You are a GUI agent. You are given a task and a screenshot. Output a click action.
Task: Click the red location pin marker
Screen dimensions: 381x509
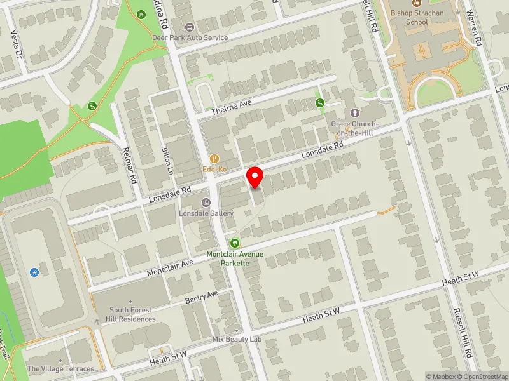pyautogui.click(x=255, y=177)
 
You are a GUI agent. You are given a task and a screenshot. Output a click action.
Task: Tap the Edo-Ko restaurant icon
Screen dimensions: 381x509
pyautogui.click(x=215, y=159)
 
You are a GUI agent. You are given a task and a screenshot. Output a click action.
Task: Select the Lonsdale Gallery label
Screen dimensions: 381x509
pyautogui.click(x=206, y=213)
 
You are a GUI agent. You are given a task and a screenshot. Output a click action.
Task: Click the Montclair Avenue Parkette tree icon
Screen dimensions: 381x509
pyautogui.click(x=235, y=243)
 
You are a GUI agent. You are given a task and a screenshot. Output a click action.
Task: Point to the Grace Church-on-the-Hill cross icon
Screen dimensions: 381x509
pyautogui.click(x=354, y=112)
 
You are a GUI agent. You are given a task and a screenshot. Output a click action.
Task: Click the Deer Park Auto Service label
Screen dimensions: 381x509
pyautogui.click(x=190, y=37)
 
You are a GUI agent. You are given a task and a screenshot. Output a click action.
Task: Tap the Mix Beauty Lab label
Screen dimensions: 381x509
pyautogui.click(x=237, y=340)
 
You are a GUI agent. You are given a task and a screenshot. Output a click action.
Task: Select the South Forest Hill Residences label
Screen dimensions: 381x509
pyautogui.click(x=132, y=314)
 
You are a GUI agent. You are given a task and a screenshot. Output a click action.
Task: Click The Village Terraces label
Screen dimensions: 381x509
pyautogui.click(x=60, y=369)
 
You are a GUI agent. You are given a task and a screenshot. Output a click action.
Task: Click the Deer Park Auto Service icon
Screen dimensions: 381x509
pyautogui.click(x=190, y=27)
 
